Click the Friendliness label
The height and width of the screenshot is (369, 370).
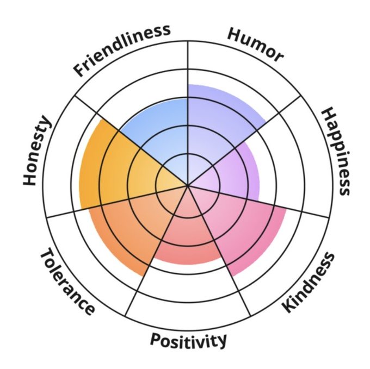(x=122, y=49)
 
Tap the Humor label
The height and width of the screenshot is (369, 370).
(x=255, y=44)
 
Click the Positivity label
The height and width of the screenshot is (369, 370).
(x=188, y=341)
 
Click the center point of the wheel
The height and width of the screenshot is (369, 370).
(x=188, y=185)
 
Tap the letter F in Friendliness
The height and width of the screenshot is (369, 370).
(x=81, y=70)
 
